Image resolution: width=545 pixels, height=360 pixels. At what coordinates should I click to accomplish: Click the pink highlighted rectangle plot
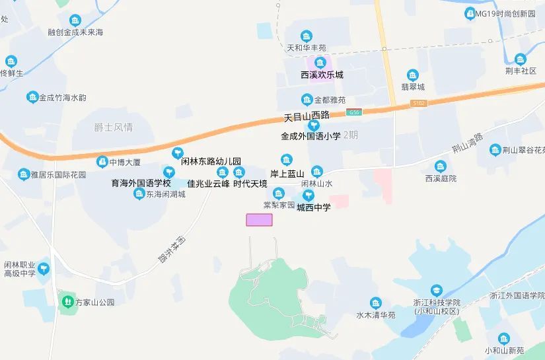pos(259,220)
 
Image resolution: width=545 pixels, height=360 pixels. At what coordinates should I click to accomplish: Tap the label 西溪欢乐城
pos(322,75)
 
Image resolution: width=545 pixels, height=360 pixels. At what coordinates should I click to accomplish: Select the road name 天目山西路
pos(306,117)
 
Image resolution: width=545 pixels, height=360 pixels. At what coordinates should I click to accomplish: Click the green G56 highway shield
pos(355,113)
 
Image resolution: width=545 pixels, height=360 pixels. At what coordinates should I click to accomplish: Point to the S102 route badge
pos(419,103)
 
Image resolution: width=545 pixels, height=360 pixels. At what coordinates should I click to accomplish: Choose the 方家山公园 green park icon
pos(67,302)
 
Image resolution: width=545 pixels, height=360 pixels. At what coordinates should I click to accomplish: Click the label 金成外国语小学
pos(310,136)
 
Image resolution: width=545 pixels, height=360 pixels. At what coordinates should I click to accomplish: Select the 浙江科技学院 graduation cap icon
pos(436,290)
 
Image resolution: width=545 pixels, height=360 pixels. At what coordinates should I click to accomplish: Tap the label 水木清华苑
pos(375,315)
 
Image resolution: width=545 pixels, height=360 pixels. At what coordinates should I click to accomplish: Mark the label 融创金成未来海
pos(75,32)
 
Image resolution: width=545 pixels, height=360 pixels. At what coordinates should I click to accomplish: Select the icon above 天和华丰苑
pos(307,36)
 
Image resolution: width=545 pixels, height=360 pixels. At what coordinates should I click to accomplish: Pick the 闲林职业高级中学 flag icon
pos(44,269)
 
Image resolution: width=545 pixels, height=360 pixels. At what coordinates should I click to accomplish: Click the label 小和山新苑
pos(504,350)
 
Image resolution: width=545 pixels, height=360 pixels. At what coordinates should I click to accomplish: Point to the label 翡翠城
pos(413,87)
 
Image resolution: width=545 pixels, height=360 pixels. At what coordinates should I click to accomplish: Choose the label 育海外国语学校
pos(141,183)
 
